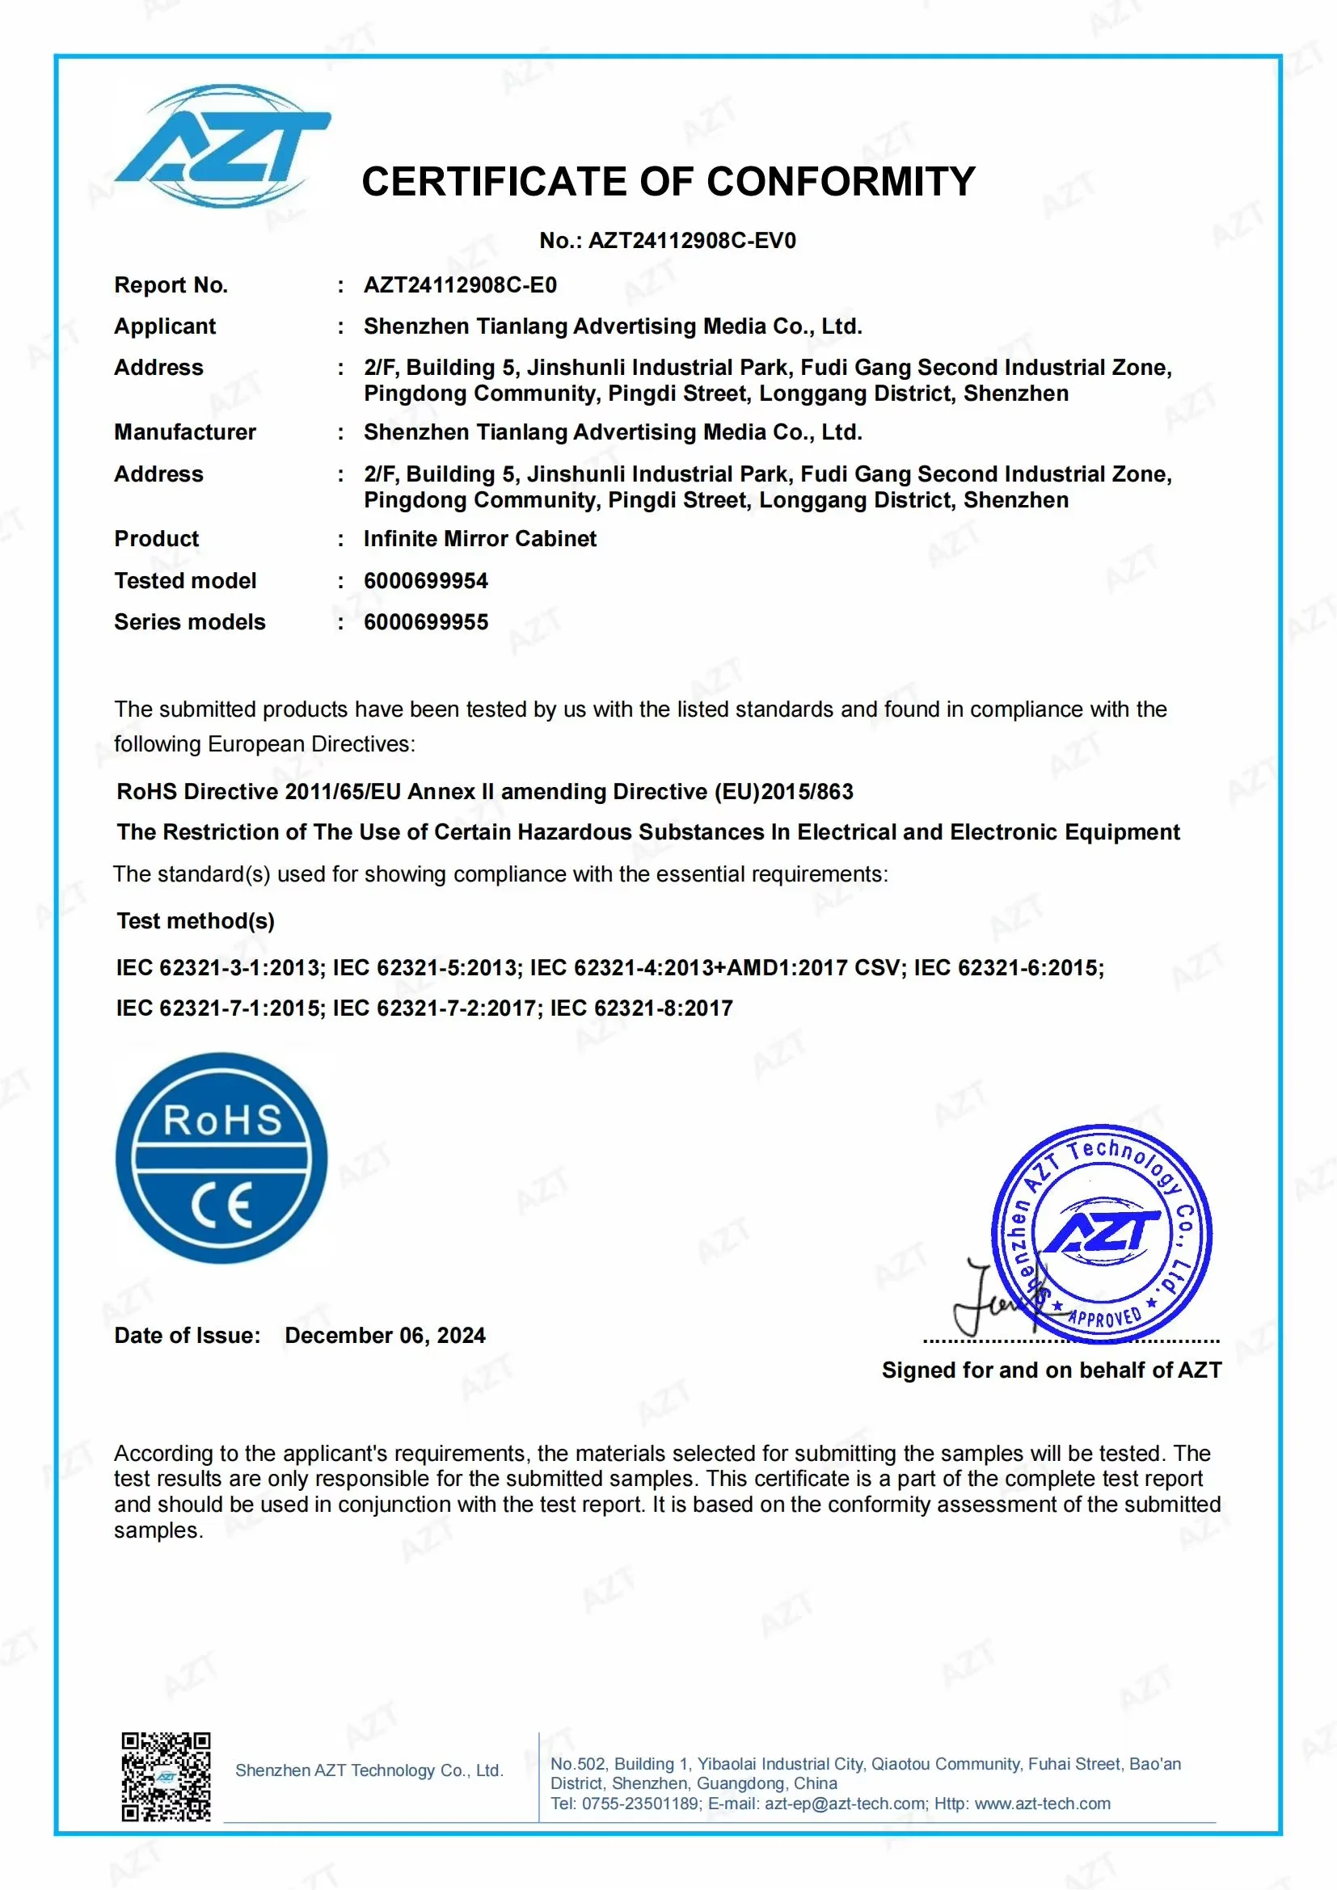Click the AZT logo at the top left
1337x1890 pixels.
[x=222, y=146]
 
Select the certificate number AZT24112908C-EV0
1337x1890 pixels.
[x=693, y=241]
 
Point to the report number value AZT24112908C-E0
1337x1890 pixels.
[x=460, y=285]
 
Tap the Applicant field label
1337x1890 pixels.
[x=165, y=326]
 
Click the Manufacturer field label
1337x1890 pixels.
[x=185, y=432]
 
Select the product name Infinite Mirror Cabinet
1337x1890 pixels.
[x=480, y=539]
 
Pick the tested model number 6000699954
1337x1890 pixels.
[x=426, y=581]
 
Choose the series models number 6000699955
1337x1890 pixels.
[x=426, y=622]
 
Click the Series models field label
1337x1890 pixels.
[x=189, y=622]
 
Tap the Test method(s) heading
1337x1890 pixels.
[x=196, y=921]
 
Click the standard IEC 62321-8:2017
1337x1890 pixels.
[x=641, y=1008]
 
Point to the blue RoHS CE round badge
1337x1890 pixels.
[x=221, y=1159]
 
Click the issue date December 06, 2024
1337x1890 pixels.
[x=386, y=1336]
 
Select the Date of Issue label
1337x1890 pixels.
[x=187, y=1336]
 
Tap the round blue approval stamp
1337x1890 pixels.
[x=1103, y=1232]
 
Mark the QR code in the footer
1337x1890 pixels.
[x=167, y=1776]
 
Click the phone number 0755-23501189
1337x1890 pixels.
[x=639, y=1804]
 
